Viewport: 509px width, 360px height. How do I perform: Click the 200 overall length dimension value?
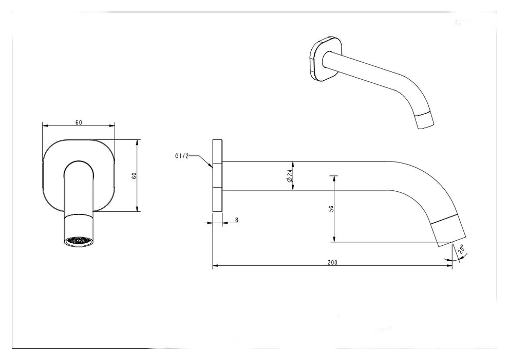click(x=332, y=262)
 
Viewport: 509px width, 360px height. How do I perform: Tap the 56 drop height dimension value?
click(x=331, y=209)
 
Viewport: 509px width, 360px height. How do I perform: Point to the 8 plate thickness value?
click(x=237, y=220)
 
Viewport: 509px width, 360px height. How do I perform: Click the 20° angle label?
click(x=461, y=249)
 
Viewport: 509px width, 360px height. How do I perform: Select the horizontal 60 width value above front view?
click(x=79, y=122)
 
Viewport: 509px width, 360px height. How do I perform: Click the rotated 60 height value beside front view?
click(x=134, y=175)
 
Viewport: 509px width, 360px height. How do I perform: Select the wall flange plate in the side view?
click(x=217, y=175)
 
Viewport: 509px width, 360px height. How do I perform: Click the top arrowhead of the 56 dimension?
click(x=334, y=178)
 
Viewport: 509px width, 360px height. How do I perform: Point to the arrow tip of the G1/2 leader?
click(x=213, y=167)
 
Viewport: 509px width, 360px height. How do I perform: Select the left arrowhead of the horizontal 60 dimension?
click(x=44, y=125)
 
